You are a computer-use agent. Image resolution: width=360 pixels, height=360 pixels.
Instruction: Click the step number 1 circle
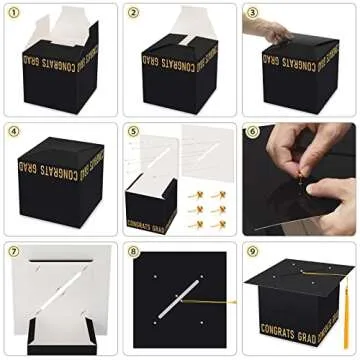pos(14,13)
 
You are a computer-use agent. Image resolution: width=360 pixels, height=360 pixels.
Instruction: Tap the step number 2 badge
pos(134,13)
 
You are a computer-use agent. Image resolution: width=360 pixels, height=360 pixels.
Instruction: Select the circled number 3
pos(253,13)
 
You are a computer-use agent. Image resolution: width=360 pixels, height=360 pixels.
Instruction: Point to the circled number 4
pos(14,132)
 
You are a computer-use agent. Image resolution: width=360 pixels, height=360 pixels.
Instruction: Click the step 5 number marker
pos(134,132)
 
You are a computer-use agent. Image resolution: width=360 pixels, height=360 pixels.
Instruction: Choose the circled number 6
pos(253,132)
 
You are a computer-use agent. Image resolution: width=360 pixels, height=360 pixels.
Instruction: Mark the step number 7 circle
pos(14,251)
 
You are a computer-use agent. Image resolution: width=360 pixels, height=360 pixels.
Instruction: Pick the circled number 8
pos(134,251)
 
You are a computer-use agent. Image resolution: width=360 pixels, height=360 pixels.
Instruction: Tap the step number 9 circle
pos(253,251)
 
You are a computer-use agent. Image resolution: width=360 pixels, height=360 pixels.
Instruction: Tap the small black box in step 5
pos(151,205)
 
